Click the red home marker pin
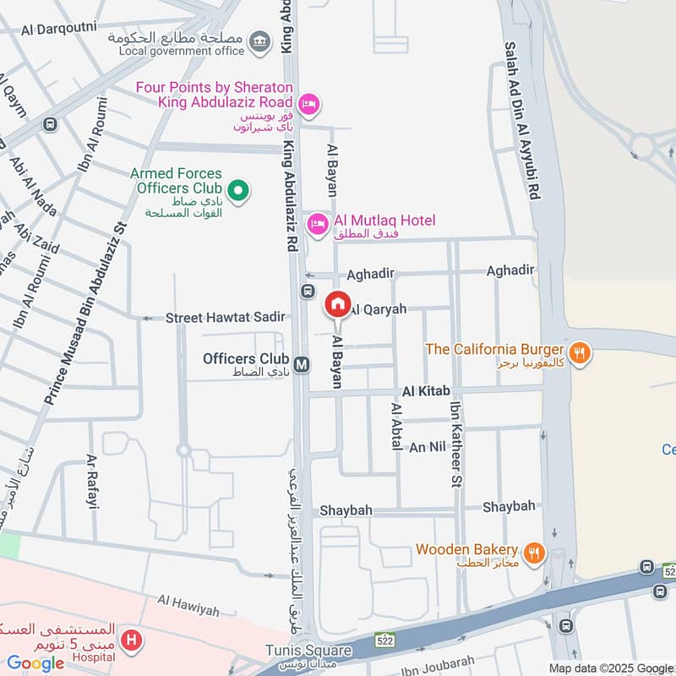point(338,304)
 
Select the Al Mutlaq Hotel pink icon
point(319,222)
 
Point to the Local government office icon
point(260,39)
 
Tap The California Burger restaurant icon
point(579,352)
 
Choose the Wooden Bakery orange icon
point(534,553)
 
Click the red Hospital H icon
point(130,641)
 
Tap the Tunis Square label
point(308,651)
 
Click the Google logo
point(35,663)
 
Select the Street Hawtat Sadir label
point(225,318)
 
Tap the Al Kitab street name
point(426,391)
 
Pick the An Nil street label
point(426,447)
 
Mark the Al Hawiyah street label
point(188,607)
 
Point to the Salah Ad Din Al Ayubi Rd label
point(522,121)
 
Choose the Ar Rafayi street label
point(92,481)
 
